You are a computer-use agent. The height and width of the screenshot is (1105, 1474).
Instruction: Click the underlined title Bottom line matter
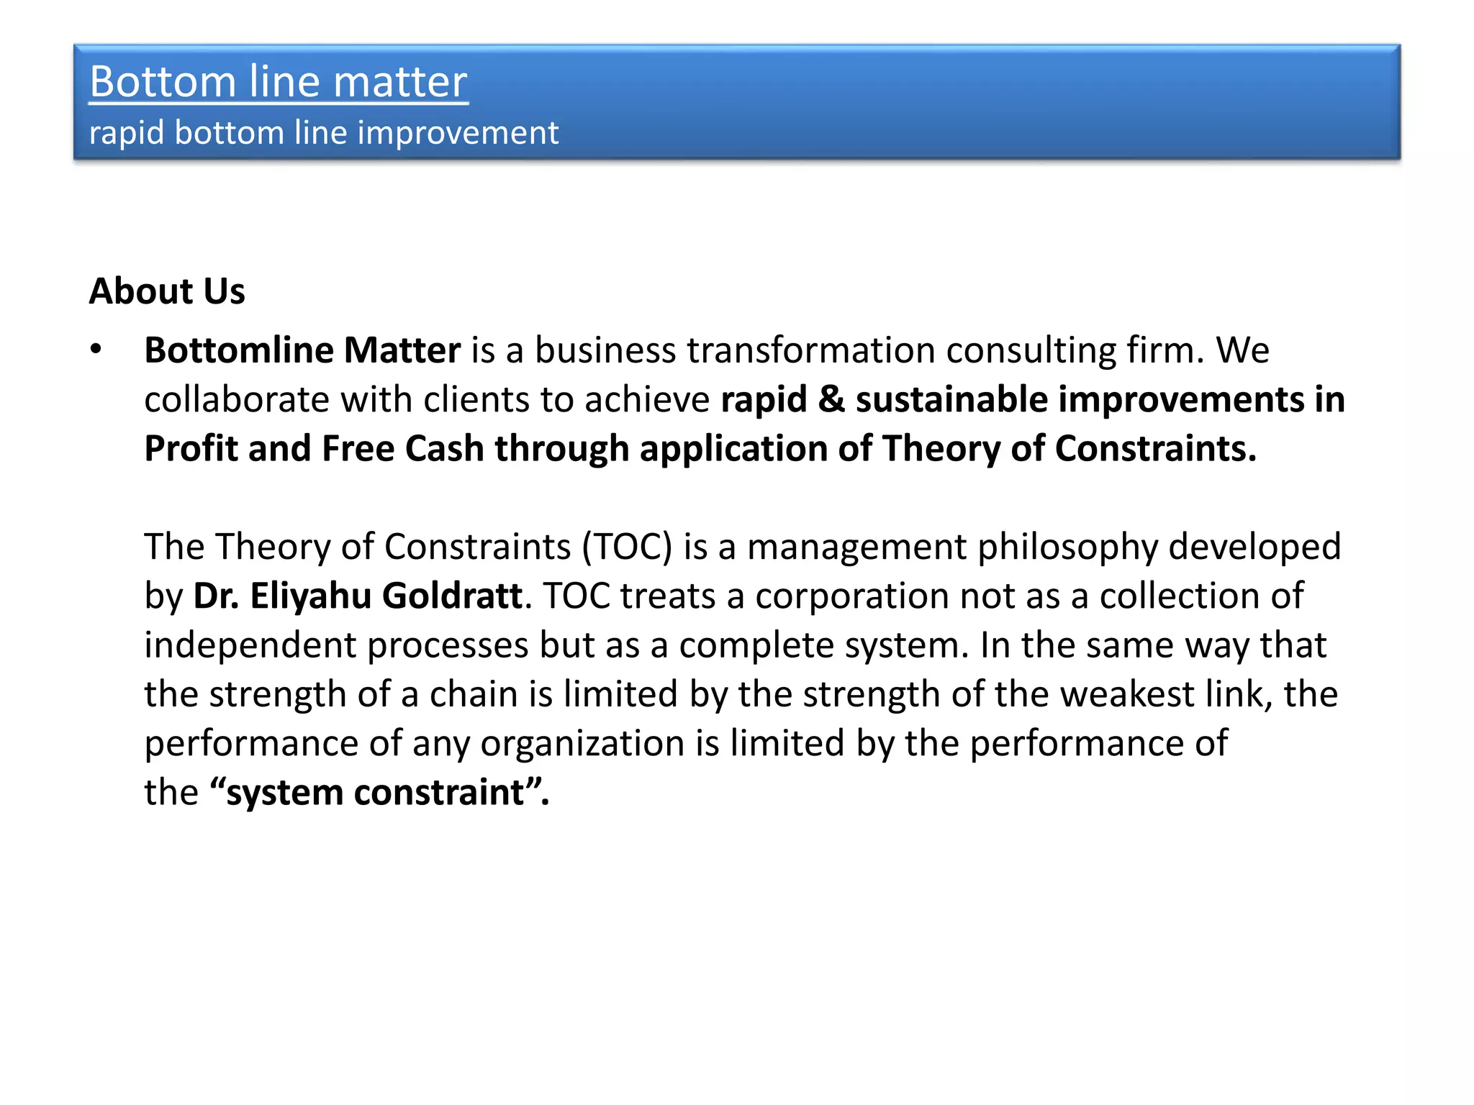coord(279,81)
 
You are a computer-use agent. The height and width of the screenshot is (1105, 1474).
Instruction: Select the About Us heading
coord(167,291)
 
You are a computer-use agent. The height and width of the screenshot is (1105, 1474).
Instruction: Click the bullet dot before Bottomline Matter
coord(96,350)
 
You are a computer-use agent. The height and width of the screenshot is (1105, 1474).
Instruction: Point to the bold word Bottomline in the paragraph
coord(238,350)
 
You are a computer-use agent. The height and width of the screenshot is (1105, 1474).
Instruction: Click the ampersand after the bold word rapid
coord(831,399)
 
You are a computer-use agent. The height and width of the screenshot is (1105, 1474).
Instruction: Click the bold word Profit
coord(191,448)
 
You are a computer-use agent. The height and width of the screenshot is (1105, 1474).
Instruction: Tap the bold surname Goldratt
coord(452,596)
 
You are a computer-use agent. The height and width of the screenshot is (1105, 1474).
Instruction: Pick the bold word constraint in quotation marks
coord(438,793)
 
